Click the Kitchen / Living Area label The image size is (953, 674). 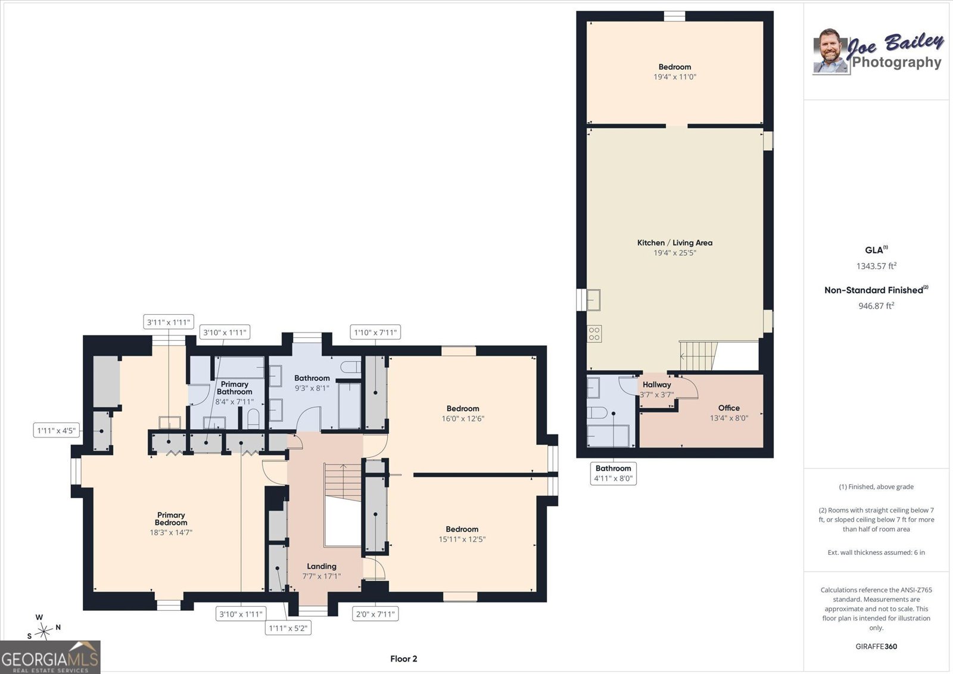tap(674, 243)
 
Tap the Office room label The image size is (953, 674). tap(729, 408)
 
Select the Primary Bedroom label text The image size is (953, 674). tap(170, 518)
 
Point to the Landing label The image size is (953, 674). tap(322, 566)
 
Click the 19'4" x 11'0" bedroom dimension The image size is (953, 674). tap(675, 77)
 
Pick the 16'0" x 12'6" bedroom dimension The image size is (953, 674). tap(463, 418)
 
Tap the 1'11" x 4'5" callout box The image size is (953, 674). tap(57, 430)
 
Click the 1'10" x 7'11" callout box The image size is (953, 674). tap(375, 332)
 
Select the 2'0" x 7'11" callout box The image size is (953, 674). tap(375, 614)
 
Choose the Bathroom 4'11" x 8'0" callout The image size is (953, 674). tap(613, 473)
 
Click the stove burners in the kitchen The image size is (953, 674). tap(594, 334)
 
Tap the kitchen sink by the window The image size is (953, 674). tap(593, 300)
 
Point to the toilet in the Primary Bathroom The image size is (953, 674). tap(253, 419)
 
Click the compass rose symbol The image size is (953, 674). tap(43, 630)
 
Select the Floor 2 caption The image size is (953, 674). tap(404, 659)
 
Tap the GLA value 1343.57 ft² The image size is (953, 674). tap(876, 266)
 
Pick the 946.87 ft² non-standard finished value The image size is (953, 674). tap(876, 305)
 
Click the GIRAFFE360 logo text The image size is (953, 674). tap(876, 647)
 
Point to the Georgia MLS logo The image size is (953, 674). tap(50, 657)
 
